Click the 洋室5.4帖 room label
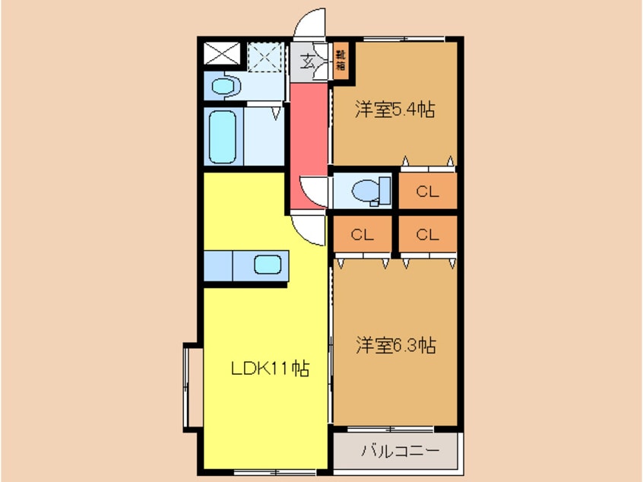(x=394, y=110)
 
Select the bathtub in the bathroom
(x=223, y=136)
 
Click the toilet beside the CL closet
(x=373, y=191)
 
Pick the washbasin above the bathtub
(x=225, y=87)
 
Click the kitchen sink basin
(x=267, y=266)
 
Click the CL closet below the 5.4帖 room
(x=427, y=192)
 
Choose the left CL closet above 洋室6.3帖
(x=363, y=235)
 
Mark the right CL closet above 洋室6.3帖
(x=427, y=235)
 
